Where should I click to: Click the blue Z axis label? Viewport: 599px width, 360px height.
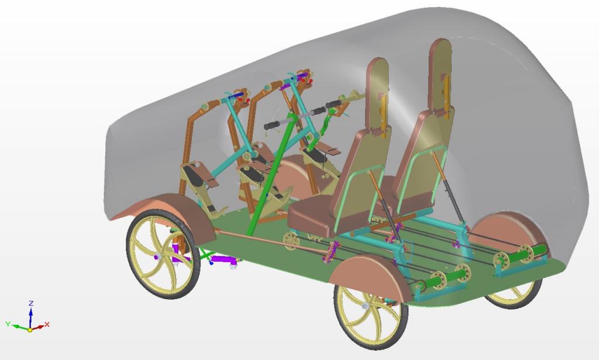pos(32,303)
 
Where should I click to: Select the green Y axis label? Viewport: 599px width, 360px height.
pos(8,324)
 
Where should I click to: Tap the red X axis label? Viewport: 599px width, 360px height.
pos(47,324)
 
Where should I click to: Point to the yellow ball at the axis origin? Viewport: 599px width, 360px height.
pos(30,330)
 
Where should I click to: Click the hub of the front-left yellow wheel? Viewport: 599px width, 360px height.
pos(157,257)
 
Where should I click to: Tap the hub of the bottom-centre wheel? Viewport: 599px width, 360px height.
pos(365,306)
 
